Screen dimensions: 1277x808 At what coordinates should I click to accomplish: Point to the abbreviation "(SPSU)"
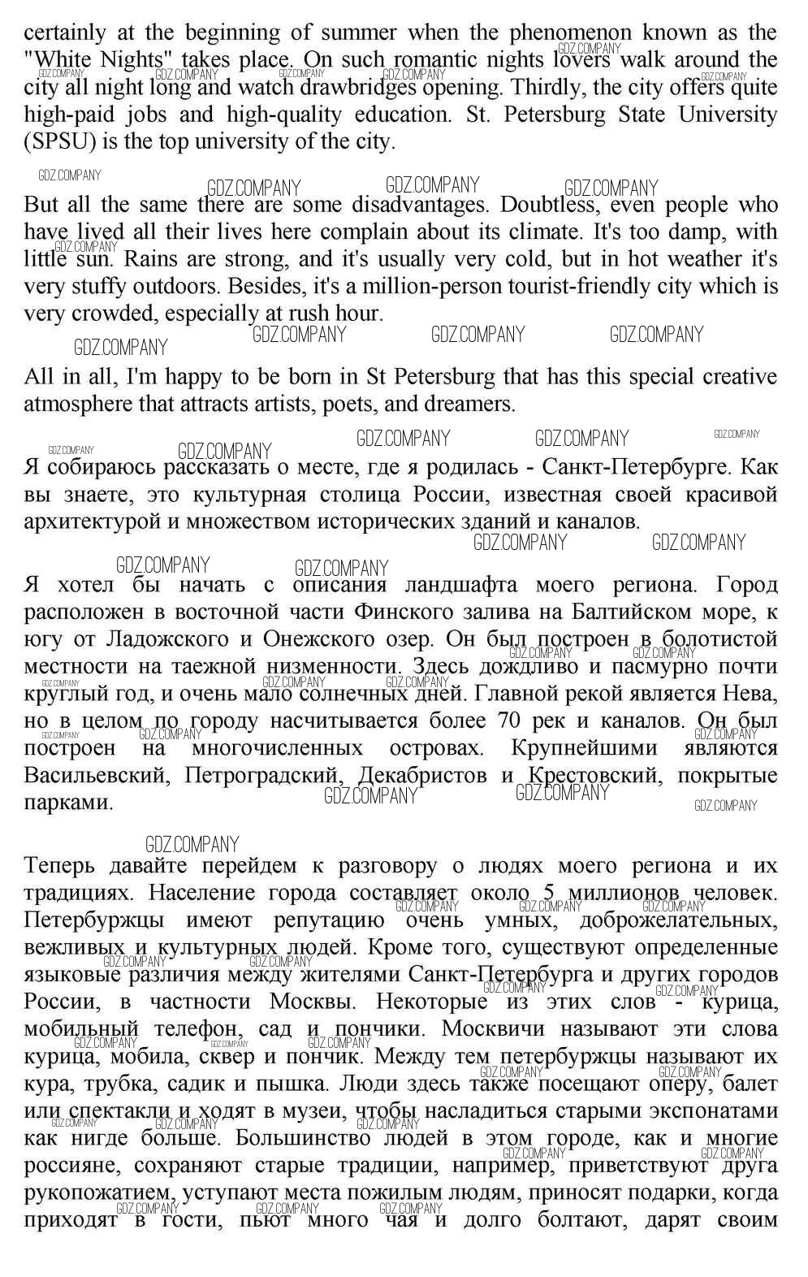(x=60, y=142)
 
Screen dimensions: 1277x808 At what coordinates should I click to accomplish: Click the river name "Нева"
(x=754, y=694)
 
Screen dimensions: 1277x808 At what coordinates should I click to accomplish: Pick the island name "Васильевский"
(x=97, y=775)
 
